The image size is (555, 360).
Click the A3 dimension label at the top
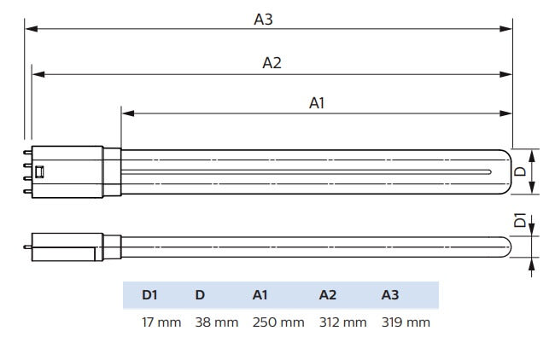coord(263,18)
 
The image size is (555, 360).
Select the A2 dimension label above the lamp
coord(272,62)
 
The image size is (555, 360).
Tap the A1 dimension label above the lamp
coord(317,103)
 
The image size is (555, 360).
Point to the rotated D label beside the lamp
coord(520,171)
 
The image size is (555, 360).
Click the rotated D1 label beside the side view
coord(520,221)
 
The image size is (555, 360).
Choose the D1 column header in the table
coord(149,295)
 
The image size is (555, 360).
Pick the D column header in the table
coord(200,295)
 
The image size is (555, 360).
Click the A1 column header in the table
coord(260,295)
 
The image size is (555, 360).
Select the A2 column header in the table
coord(328,295)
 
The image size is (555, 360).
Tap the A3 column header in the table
coord(390,295)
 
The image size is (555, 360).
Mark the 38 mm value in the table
coord(216,322)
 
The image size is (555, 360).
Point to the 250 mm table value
coord(278,322)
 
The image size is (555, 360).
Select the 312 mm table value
coord(343,322)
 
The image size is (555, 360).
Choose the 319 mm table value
coord(406,322)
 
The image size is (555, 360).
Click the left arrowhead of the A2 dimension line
coord(37,74)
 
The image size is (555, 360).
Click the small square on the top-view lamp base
coord(39,171)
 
